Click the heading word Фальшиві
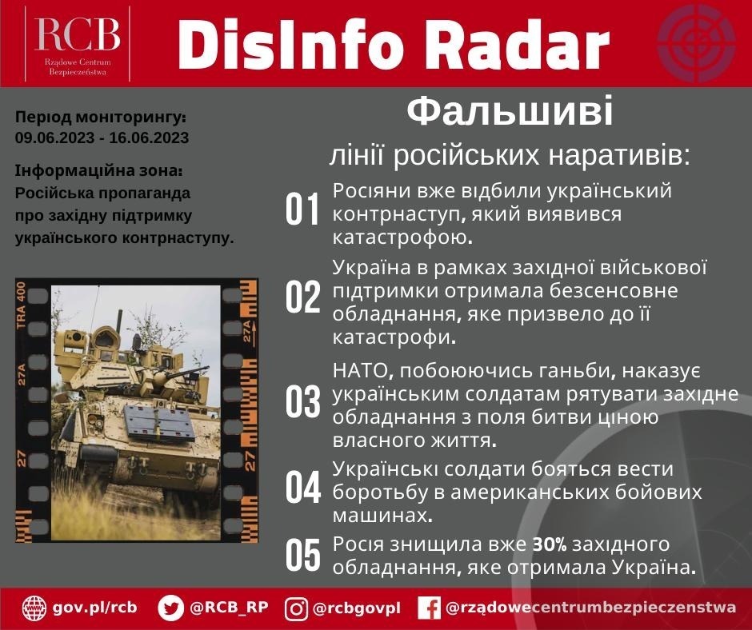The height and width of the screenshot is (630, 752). (x=510, y=113)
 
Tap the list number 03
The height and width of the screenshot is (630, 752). (x=302, y=403)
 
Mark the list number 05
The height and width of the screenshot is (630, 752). (x=302, y=556)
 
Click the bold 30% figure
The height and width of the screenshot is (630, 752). (x=550, y=545)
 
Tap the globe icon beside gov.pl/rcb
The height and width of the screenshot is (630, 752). (x=34, y=608)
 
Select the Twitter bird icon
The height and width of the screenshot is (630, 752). (x=170, y=608)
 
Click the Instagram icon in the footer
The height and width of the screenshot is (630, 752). (x=296, y=608)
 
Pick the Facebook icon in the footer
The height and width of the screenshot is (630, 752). (x=430, y=608)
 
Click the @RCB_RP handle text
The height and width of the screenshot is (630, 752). (x=229, y=608)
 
